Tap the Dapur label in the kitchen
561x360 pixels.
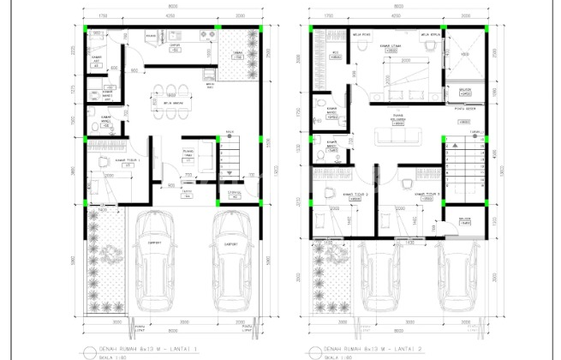[176, 48]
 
